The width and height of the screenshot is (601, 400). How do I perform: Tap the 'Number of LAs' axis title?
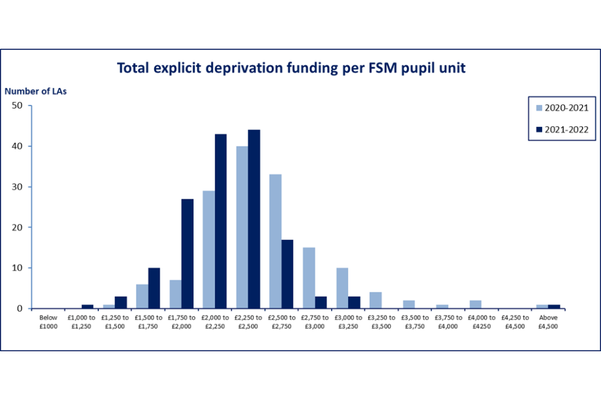(x=36, y=91)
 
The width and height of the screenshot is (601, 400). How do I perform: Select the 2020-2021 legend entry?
(x=562, y=107)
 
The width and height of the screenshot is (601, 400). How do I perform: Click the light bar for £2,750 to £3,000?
(x=308, y=277)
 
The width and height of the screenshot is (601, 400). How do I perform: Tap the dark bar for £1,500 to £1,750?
(x=154, y=287)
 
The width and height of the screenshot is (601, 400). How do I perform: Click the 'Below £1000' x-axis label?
(x=48, y=321)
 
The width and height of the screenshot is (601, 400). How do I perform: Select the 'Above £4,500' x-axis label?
(x=548, y=321)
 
